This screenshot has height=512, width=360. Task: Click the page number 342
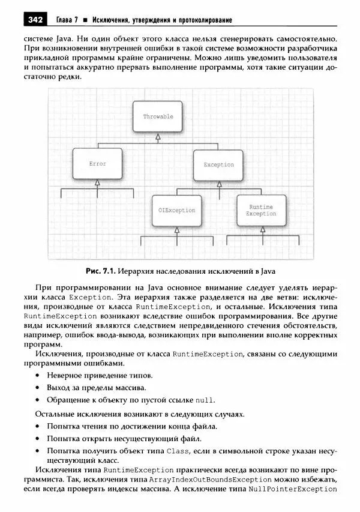coord(35,21)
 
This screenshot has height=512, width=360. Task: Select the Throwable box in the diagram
coord(157,117)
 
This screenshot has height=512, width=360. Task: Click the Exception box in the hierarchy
coord(218,164)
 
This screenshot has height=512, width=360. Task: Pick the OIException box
coord(176,210)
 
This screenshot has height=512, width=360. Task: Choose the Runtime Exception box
coord(261,210)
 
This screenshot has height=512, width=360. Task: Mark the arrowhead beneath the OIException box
coord(176,230)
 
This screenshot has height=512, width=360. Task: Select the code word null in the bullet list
coord(204,400)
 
